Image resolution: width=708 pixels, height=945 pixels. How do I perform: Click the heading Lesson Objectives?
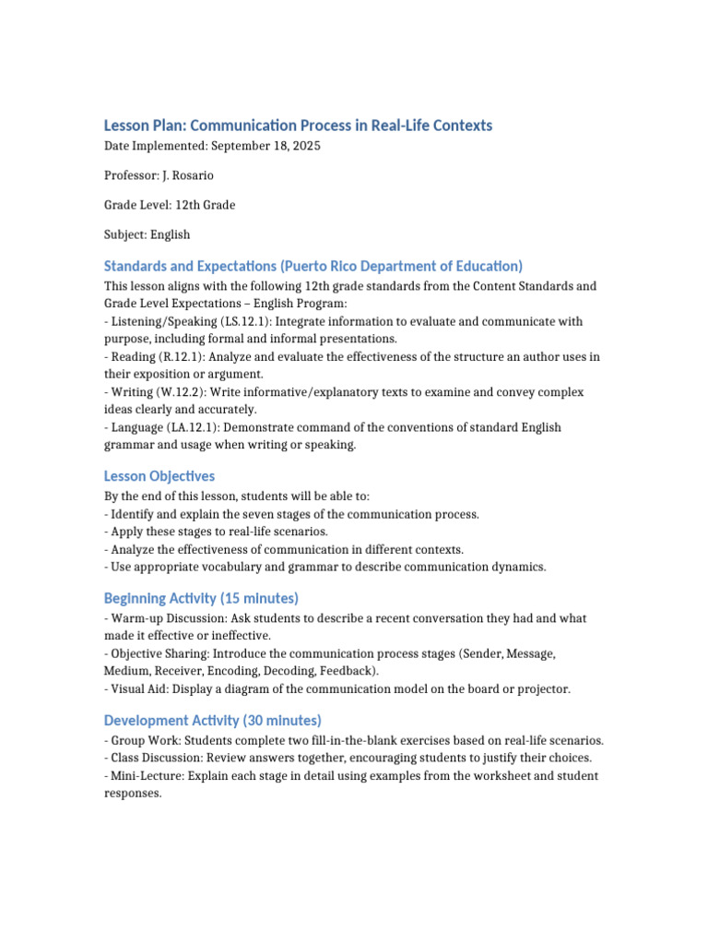(159, 476)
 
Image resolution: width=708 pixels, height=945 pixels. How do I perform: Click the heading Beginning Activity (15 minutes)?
(202, 598)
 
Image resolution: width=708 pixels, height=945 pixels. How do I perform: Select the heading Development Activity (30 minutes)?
(213, 720)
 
